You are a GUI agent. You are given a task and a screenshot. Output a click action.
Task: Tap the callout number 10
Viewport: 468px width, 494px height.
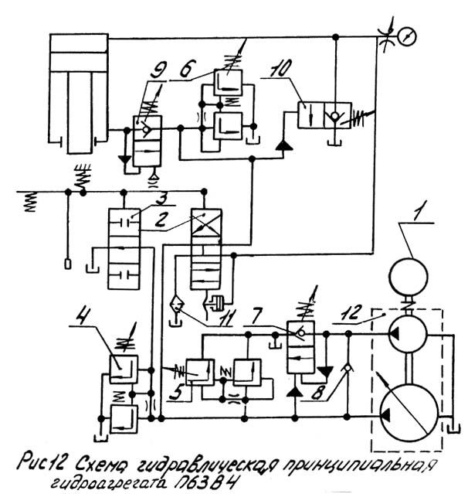tap(280, 67)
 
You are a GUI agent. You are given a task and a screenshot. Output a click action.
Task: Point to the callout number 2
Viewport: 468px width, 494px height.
tap(161, 220)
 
